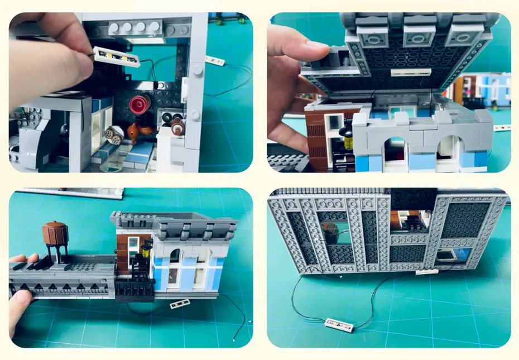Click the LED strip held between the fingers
pyautogui.click(x=117, y=57)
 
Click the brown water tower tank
pyautogui.click(x=55, y=233)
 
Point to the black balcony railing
pyautogui.click(x=134, y=288)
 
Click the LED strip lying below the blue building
pyautogui.click(x=179, y=304)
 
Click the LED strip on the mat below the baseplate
pyautogui.click(x=339, y=325)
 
